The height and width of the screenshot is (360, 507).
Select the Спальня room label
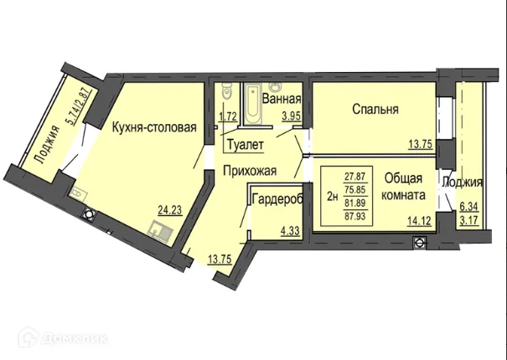pyautogui.click(x=375, y=109)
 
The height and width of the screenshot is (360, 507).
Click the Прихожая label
pyautogui.click(x=249, y=170)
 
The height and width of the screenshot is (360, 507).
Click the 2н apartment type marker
pyautogui.click(x=332, y=197)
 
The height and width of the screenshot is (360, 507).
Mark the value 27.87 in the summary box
pyautogui.click(x=355, y=177)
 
